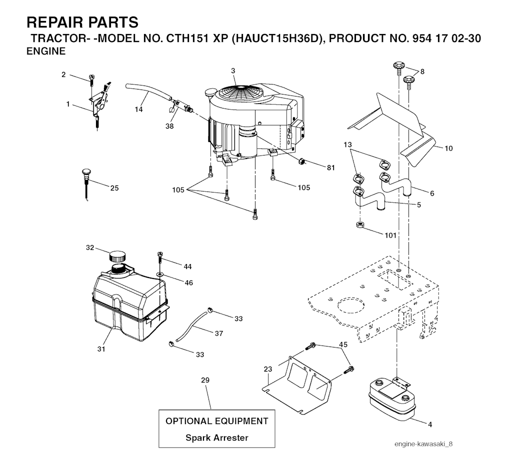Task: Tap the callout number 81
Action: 331,167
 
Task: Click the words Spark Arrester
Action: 217,437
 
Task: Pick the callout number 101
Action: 390,235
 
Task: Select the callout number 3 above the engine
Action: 233,71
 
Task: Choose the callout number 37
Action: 219,333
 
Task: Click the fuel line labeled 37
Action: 191,326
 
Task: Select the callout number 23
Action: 268,369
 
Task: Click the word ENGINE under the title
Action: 46,51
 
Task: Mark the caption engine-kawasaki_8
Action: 423,444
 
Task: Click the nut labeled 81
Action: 301,161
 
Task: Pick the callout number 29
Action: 205,380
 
